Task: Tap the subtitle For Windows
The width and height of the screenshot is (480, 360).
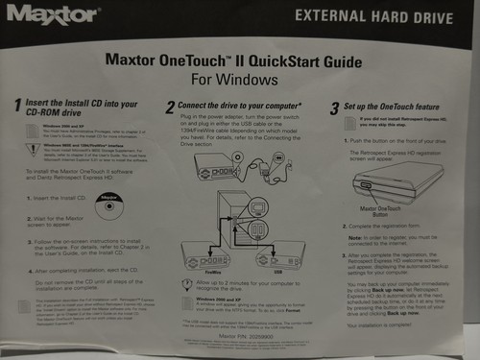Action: point(240,81)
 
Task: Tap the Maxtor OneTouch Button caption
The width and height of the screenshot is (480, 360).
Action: point(381,208)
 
